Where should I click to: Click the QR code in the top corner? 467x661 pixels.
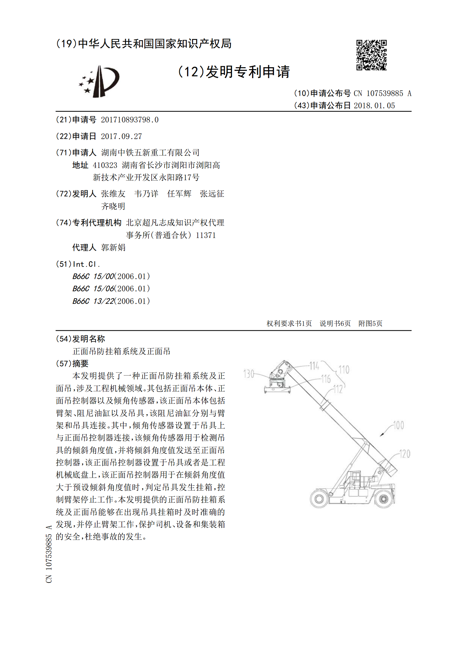(371, 55)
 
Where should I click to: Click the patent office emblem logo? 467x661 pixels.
(99, 81)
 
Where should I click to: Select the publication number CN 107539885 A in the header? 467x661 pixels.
(382, 93)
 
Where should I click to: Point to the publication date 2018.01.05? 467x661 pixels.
(374, 106)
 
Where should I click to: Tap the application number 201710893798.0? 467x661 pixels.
(130, 120)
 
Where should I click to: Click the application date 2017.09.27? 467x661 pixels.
(121, 136)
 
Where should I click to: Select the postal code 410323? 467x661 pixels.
(105, 165)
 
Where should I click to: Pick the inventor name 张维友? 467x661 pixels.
(113, 194)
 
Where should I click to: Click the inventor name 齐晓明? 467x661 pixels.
(113, 206)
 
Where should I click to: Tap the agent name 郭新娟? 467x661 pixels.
(113, 247)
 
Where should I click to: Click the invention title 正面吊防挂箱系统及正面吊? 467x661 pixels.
(121, 351)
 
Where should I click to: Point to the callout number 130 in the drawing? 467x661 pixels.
(249, 374)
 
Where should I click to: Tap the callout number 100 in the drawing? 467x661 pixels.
(398, 425)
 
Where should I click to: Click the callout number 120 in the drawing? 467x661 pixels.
(405, 454)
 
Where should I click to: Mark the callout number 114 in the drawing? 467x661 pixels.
(314, 366)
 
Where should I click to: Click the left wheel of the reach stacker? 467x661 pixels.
(319, 499)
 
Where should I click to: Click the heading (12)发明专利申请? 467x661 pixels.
(234, 72)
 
